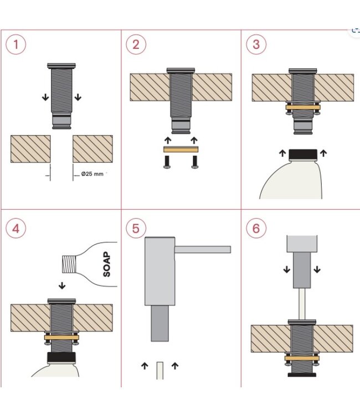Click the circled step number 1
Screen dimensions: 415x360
click(x=16, y=44)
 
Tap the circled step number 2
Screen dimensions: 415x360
click(x=136, y=44)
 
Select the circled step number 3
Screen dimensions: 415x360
click(x=256, y=44)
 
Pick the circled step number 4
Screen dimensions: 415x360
click(x=16, y=229)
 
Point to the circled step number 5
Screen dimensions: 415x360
click(x=136, y=229)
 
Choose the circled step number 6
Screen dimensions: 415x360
click(x=256, y=229)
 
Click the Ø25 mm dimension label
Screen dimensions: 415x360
click(x=92, y=174)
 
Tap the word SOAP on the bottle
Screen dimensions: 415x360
click(x=106, y=264)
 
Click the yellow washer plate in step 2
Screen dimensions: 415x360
click(x=181, y=149)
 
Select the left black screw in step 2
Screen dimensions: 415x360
click(x=166, y=162)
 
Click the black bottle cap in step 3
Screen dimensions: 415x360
click(x=302, y=154)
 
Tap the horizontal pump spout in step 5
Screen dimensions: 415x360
click(x=203, y=250)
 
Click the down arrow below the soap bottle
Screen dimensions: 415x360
click(x=62, y=286)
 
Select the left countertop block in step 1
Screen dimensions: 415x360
click(x=30, y=149)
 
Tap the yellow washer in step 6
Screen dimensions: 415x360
click(x=302, y=358)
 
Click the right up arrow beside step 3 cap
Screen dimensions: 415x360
click(x=323, y=152)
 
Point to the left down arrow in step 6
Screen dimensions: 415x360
click(x=287, y=269)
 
